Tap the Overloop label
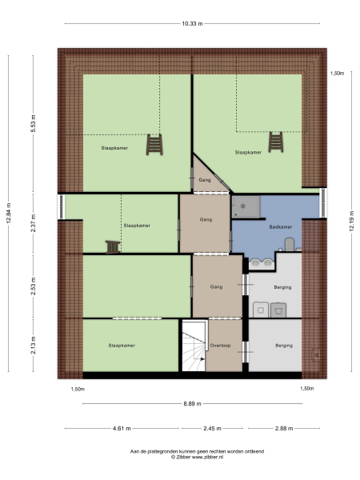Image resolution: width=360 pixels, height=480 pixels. coord(220,346)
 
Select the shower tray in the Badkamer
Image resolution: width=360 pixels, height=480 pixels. coord(246,206)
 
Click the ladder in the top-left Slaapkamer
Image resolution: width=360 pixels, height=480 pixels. coord(153,144)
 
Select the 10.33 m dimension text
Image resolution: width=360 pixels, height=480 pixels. coord(192,24)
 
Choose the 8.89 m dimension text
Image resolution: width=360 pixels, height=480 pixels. coord(192,403)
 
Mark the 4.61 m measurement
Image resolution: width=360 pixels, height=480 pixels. coord(122,428)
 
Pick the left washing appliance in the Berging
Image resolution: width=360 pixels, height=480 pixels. coord(260,308)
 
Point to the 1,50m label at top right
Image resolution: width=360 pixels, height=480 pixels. coord(337,74)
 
